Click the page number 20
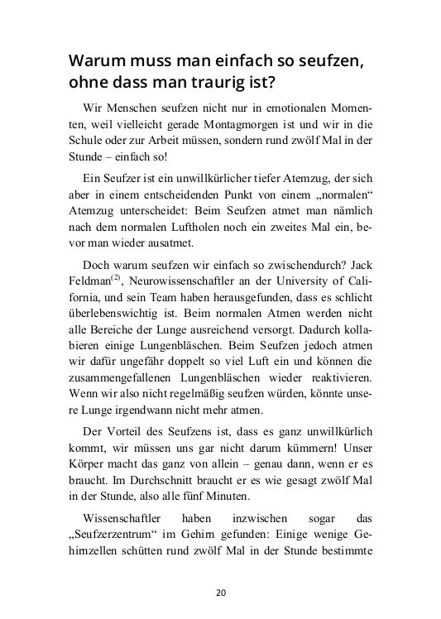tap(221, 593)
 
